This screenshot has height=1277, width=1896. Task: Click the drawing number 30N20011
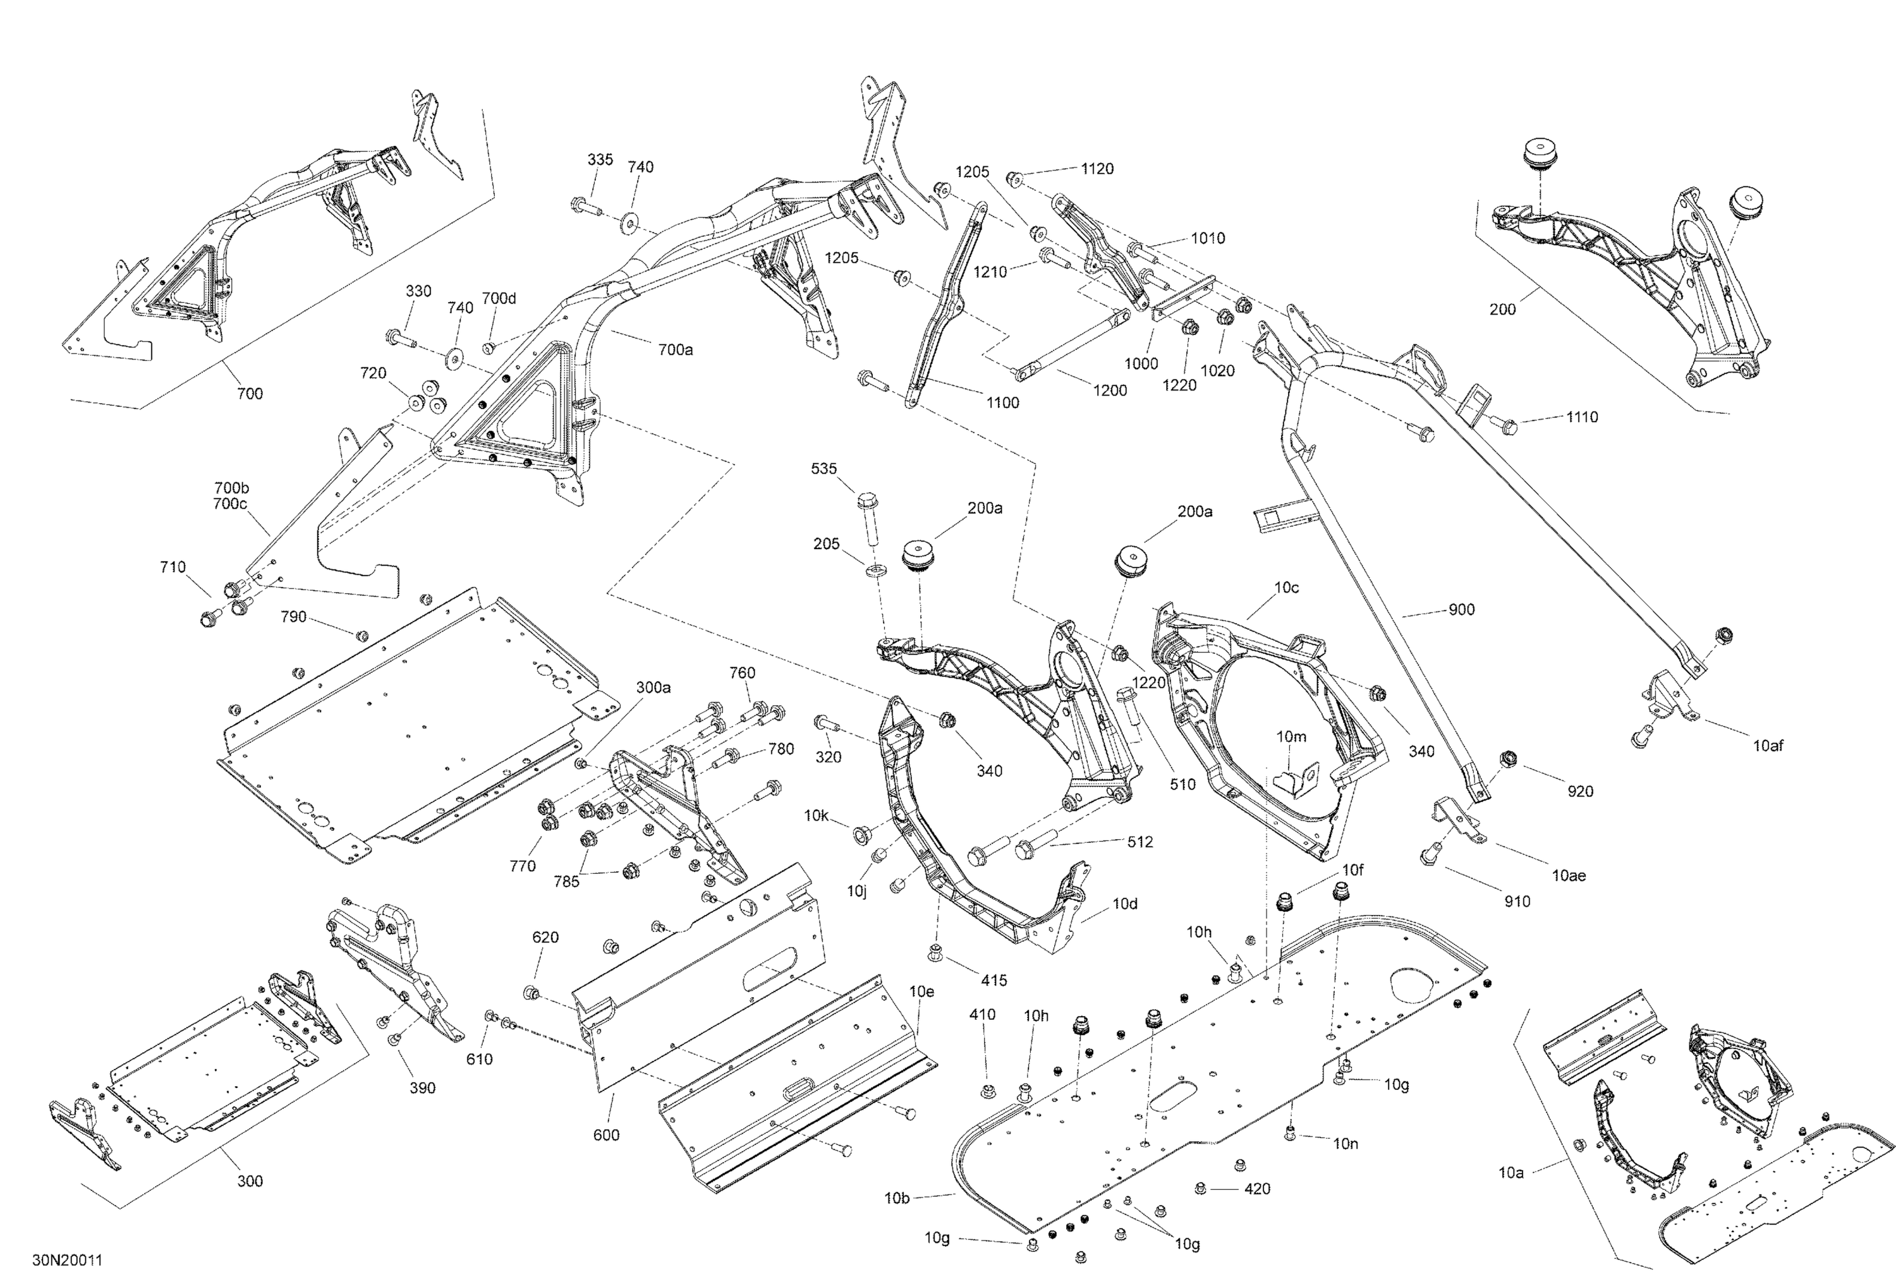(x=68, y=1261)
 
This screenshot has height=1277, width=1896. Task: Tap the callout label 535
(x=823, y=468)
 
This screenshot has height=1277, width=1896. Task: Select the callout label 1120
(x=1097, y=169)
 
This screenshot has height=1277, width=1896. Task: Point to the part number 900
(x=1461, y=609)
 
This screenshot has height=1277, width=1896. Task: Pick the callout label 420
(x=1256, y=1189)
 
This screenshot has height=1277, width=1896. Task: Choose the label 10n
(x=1346, y=1144)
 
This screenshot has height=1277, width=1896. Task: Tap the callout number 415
(x=994, y=981)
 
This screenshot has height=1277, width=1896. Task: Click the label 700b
(x=231, y=488)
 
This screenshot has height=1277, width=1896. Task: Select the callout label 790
(x=293, y=617)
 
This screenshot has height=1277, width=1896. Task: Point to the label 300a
(x=653, y=687)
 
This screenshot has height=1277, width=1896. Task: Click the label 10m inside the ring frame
(x=1291, y=737)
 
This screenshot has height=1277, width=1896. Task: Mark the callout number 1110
(x=1582, y=417)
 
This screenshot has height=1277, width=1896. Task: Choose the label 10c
(x=1286, y=587)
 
